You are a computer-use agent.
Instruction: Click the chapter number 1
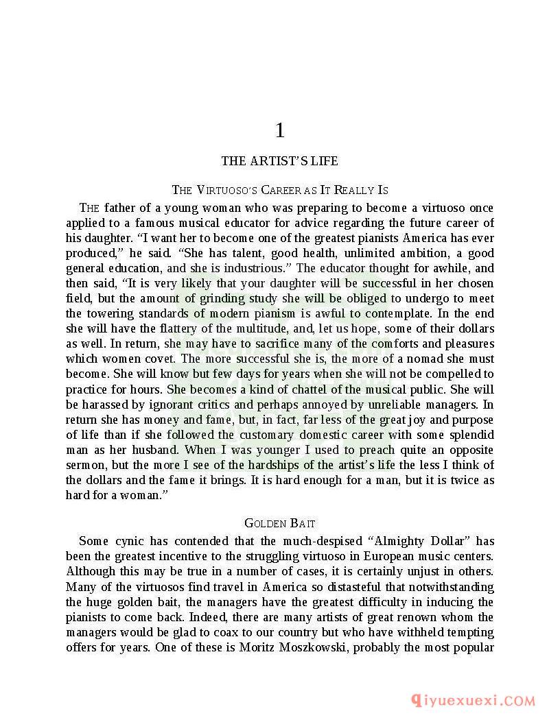coord(279,130)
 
